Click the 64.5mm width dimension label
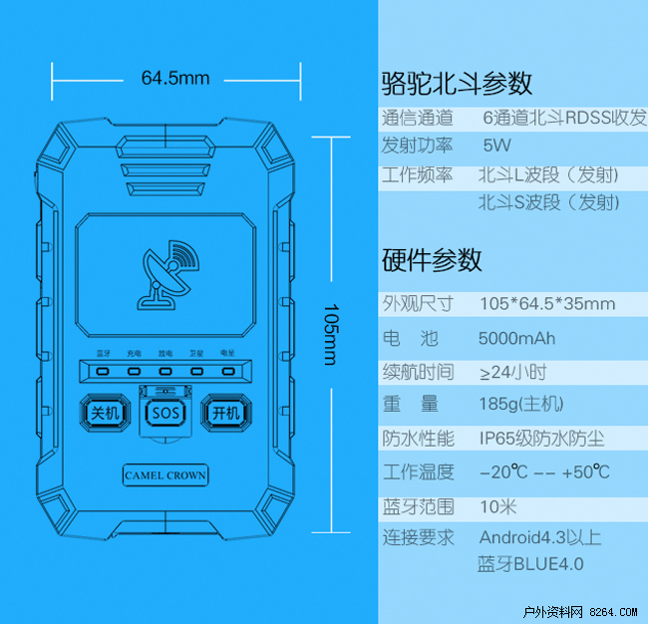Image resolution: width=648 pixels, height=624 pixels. (x=175, y=77)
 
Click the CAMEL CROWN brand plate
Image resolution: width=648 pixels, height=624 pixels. (x=165, y=475)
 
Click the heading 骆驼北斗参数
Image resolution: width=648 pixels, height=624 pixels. (x=457, y=83)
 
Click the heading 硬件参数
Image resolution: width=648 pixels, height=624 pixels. (x=432, y=260)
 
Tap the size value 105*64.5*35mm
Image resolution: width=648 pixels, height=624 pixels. (x=546, y=304)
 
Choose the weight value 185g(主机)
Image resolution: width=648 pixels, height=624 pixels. (x=521, y=405)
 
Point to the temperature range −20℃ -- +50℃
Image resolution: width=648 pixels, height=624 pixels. (x=544, y=471)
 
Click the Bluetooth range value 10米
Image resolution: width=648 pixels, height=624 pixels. (x=497, y=505)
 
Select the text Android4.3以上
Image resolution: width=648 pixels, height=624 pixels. (x=540, y=538)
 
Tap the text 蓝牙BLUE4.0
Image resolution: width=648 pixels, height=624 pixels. (x=530, y=564)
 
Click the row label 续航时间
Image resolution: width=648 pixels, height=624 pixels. (x=418, y=372)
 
